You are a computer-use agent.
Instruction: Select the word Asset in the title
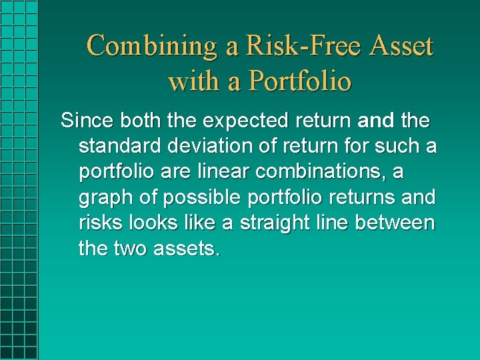401,46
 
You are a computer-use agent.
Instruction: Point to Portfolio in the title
299,81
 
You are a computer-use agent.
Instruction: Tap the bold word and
377,121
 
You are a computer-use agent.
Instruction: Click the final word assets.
187,249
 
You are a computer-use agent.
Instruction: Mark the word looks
148,223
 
